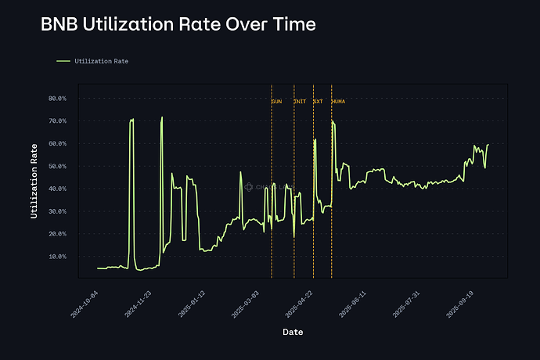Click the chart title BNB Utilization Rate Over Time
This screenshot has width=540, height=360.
click(178, 25)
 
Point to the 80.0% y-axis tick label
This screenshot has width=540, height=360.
click(58, 99)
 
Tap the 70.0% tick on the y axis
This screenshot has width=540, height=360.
click(58, 121)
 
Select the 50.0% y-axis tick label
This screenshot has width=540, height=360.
click(58, 167)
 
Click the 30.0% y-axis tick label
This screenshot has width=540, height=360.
click(58, 211)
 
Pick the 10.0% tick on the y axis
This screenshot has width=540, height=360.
click(58, 257)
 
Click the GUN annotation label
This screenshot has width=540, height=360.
click(277, 102)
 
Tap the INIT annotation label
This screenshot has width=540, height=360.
click(300, 102)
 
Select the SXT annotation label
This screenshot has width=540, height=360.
click(318, 102)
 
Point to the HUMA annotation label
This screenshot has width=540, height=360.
click(339, 102)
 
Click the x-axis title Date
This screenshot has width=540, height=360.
click(293, 332)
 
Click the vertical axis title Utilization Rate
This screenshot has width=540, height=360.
click(35, 180)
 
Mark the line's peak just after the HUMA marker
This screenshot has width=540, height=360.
click(333, 121)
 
